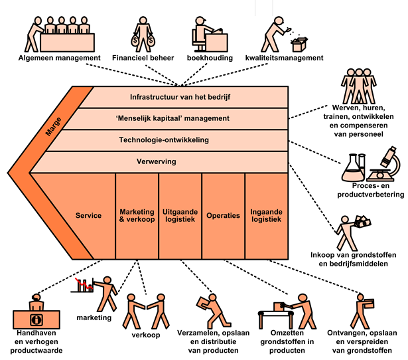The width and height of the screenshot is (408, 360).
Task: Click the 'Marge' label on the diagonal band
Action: pyautogui.click(x=53, y=126)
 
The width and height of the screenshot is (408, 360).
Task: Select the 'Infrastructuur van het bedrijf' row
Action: pyautogui.click(x=180, y=97)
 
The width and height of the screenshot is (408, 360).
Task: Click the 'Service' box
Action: pyautogui.click(x=88, y=217)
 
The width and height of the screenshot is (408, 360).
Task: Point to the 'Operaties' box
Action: pyautogui.click(x=223, y=217)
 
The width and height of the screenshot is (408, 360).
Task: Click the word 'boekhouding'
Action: pyautogui.click(x=209, y=58)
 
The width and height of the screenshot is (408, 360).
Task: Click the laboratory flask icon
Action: pyautogui.click(x=353, y=169)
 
